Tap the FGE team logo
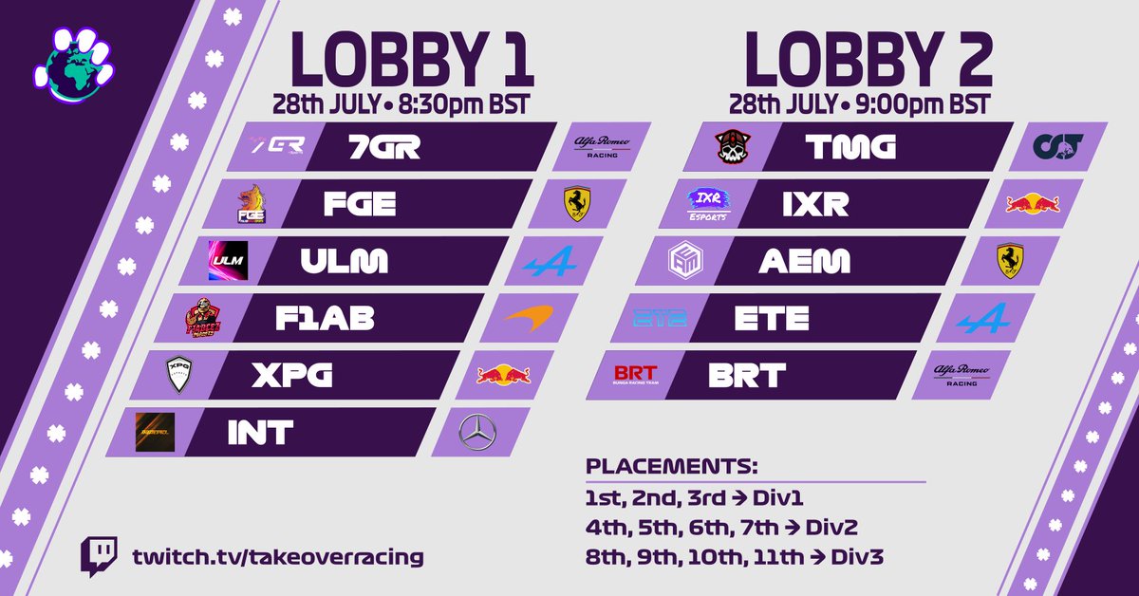252,204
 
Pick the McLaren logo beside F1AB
529,320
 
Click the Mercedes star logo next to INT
476,433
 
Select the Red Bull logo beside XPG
503,376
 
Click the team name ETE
772,318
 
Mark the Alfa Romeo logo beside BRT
962,375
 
